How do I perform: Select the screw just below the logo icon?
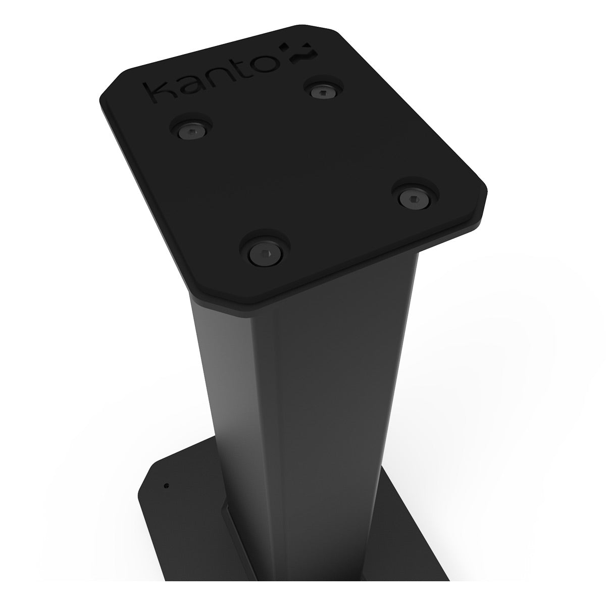(x=319, y=91)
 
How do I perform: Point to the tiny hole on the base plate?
(x=167, y=487)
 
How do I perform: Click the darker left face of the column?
(x=227, y=404)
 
